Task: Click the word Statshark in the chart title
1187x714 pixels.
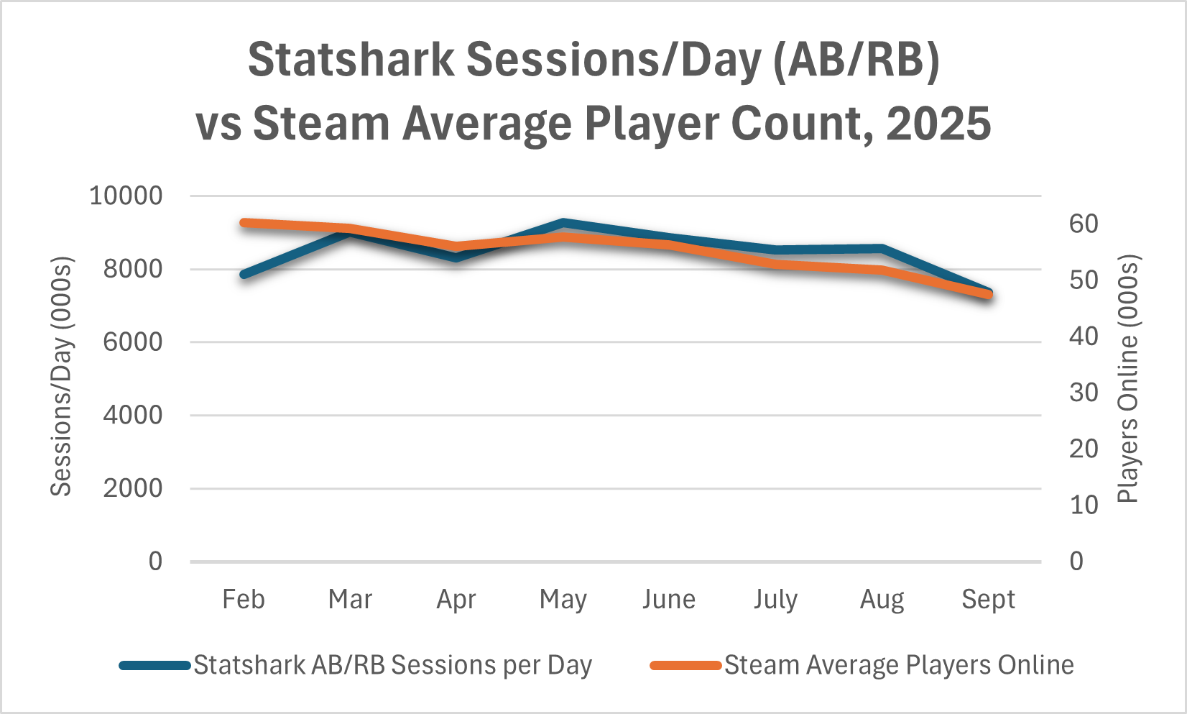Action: [351, 60]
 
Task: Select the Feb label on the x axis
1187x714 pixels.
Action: [244, 599]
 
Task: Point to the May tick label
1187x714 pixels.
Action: [563, 599]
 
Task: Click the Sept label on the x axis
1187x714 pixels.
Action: [988, 599]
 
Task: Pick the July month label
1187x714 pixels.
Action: [775, 599]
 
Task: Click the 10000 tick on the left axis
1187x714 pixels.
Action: [126, 196]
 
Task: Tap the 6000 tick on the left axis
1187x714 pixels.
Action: [133, 342]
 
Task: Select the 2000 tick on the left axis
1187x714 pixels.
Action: [133, 488]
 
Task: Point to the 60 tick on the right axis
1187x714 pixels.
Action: [1084, 224]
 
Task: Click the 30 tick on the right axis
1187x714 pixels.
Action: [1084, 393]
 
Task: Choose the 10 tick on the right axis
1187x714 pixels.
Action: [1084, 505]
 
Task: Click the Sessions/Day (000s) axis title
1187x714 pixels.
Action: [62, 376]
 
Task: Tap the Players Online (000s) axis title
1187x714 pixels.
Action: [1128, 379]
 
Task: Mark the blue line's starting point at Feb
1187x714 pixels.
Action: [244, 275]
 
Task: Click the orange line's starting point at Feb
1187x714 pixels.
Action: [244, 223]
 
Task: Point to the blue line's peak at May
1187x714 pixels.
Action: [563, 224]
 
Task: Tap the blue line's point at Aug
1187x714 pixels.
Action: [882, 249]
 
